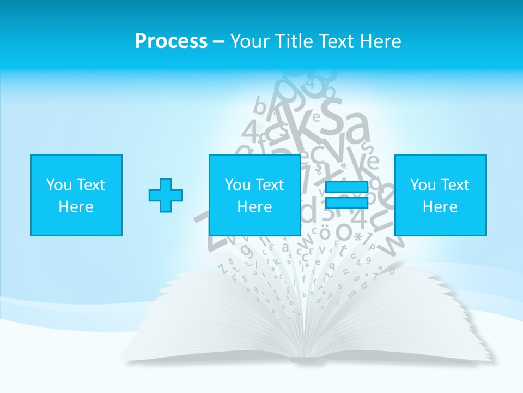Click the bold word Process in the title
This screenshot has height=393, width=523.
coord(171,41)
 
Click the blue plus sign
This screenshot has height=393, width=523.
coord(166,195)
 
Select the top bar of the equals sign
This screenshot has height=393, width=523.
coord(346,187)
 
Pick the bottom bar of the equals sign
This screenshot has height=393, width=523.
coord(346,203)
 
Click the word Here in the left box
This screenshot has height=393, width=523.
coord(76,207)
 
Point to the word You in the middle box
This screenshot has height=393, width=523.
coord(238,185)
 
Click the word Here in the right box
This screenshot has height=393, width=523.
coord(440,207)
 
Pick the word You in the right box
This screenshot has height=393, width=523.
coord(423,185)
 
